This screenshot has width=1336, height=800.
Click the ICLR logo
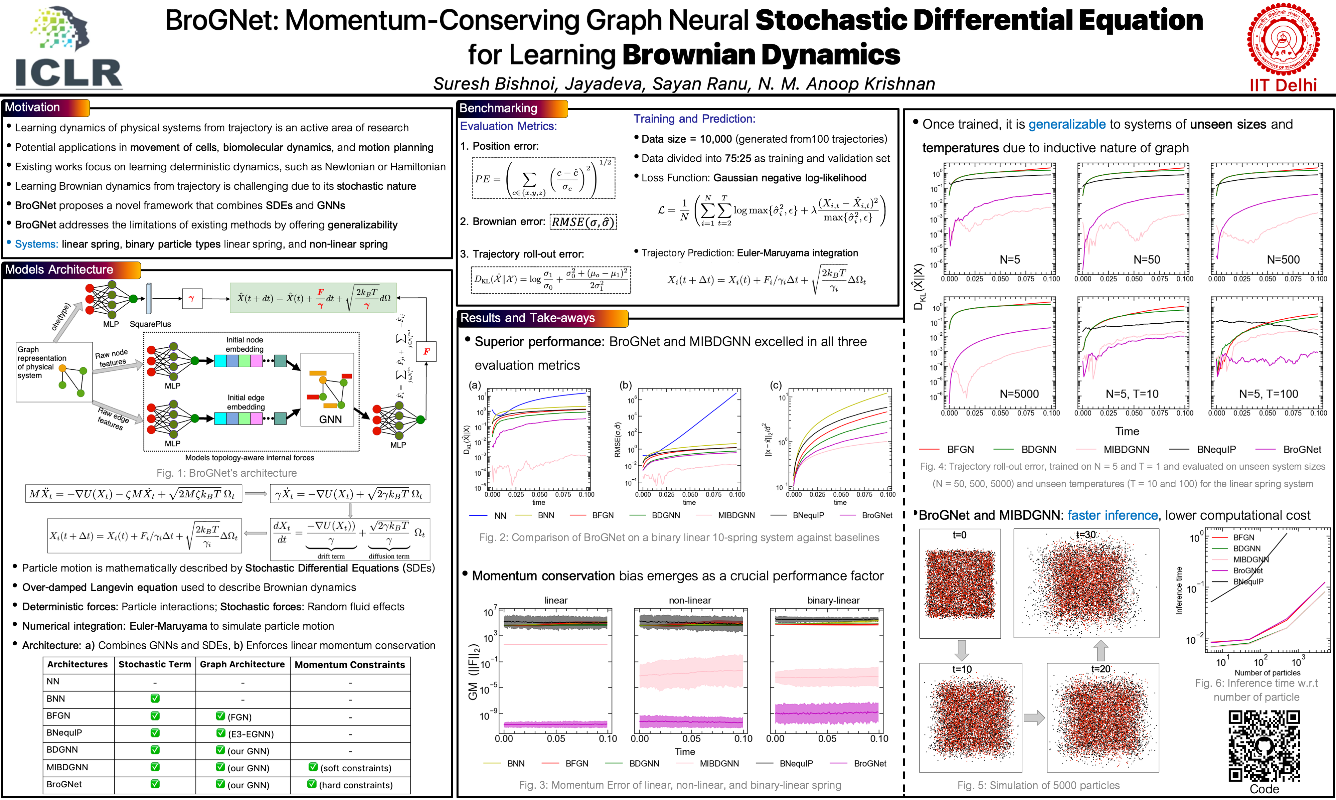click(x=68, y=48)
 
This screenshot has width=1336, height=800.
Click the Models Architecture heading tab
click(x=59, y=270)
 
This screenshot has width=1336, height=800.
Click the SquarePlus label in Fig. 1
click(x=150, y=324)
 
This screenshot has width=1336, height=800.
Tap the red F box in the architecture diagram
click(x=426, y=351)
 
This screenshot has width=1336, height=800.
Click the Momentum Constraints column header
click(x=349, y=665)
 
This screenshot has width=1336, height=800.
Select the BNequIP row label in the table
click(x=64, y=733)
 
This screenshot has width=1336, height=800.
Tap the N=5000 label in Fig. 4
click(x=1019, y=394)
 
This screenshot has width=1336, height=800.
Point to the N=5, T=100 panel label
click(x=1268, y=394)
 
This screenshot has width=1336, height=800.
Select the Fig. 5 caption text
click(x=1038, y=785)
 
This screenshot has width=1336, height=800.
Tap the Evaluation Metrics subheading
click(x=508, y=126)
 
